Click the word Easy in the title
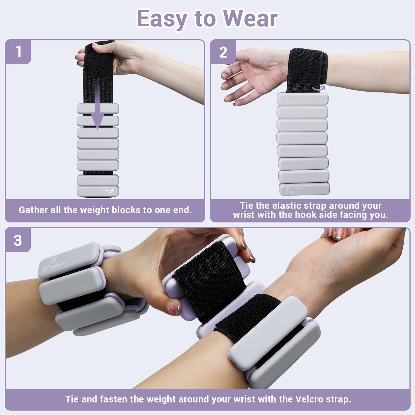click(x=162, y=19)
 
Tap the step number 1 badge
click(x=18, y=52)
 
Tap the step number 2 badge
click(x=223, y=52)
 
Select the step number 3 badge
click(x=18, y=240)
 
